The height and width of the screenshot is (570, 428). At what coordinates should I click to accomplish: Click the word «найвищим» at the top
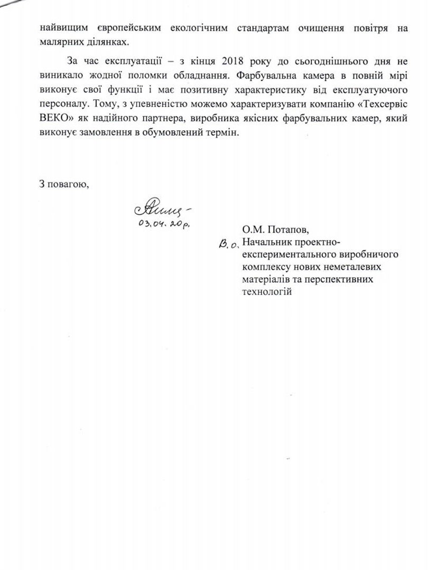point(62,28)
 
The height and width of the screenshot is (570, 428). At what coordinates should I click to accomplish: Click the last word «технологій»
point(267,291)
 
